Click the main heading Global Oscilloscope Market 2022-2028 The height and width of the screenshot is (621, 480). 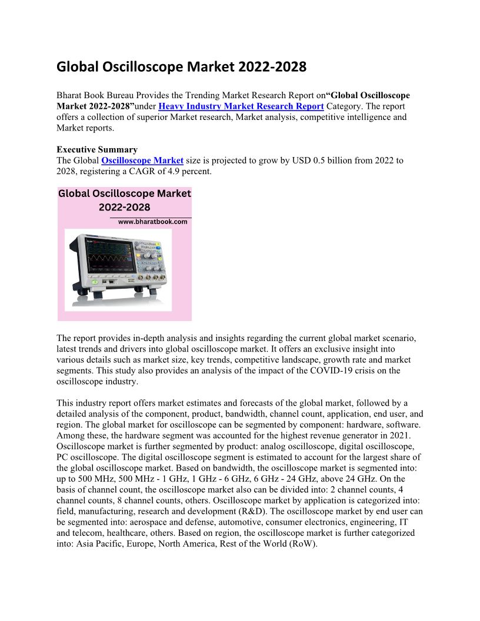click(x=181, y=67)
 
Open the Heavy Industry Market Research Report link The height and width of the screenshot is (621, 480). click(x=241, y=106)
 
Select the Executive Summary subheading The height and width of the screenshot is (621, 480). click(x=96, y=150)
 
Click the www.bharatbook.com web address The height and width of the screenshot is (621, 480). click(x=152, y=222)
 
